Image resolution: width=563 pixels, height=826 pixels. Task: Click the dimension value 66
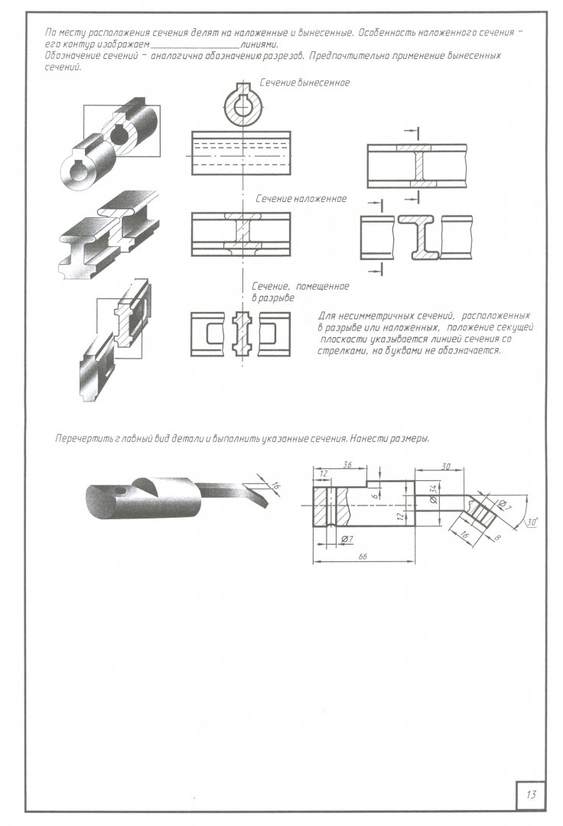click(363, 558)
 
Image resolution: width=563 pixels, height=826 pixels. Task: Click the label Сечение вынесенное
click(304, 83)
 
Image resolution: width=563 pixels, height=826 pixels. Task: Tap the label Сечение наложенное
click(301, 199)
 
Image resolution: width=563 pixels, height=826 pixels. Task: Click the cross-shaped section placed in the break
click(242, 332)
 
